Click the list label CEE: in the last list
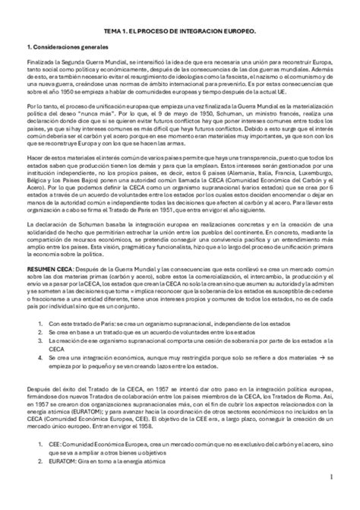pyautogui.click(x=55, y=452)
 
